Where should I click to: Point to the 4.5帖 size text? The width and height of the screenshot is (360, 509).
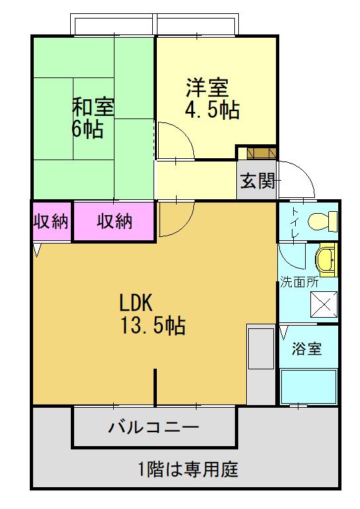click(211, 109)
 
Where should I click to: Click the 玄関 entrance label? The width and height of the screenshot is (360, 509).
click(257, 181)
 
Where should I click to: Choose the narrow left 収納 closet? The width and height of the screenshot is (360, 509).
click(51, 222)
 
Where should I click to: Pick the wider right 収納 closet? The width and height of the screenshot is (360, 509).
click(114, 222)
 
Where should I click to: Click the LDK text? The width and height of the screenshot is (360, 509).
click(136, 303)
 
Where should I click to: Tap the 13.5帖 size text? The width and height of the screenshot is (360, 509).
click(152, 326)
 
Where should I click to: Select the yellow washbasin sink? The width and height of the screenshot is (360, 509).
click(326, 259)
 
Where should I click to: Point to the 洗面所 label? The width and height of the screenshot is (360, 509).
click(299, 281)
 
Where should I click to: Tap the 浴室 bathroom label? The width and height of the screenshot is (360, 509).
click(307, 349)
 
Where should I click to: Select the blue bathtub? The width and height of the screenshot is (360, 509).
click(308, 387)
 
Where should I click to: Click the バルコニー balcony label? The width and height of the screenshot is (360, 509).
click(154, 426)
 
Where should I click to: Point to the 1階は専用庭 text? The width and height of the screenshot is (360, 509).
click(188, 471)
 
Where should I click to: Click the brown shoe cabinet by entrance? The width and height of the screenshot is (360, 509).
click(257, 153)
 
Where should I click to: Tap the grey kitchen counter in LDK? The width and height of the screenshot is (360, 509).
click(261, 364)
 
